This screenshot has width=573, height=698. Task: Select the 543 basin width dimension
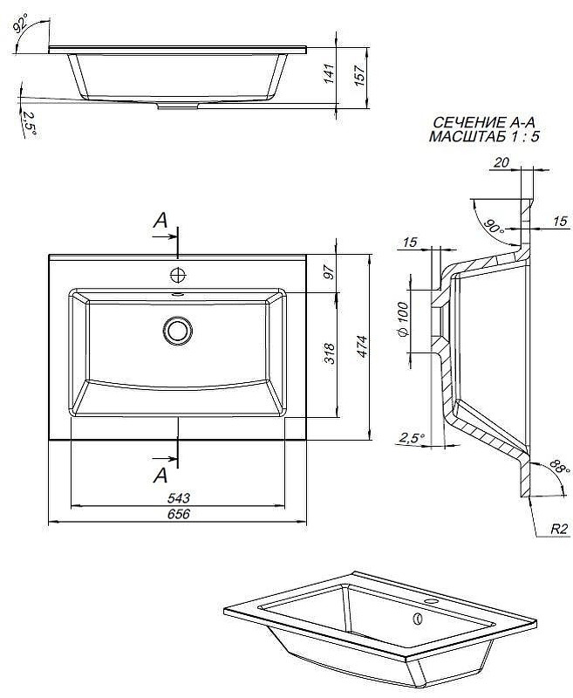click(x=177, y=497)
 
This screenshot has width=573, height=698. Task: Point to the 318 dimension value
click(x=330, y=354)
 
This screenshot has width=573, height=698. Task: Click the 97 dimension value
click(x=330, y=272)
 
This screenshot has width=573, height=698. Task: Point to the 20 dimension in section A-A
click(x=501, y=161)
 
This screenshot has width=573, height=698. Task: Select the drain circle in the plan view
click(x=178, y=330)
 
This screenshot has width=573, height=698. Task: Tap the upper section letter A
click(x=160, y=222)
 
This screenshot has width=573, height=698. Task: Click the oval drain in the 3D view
click(x=417, y=619)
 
